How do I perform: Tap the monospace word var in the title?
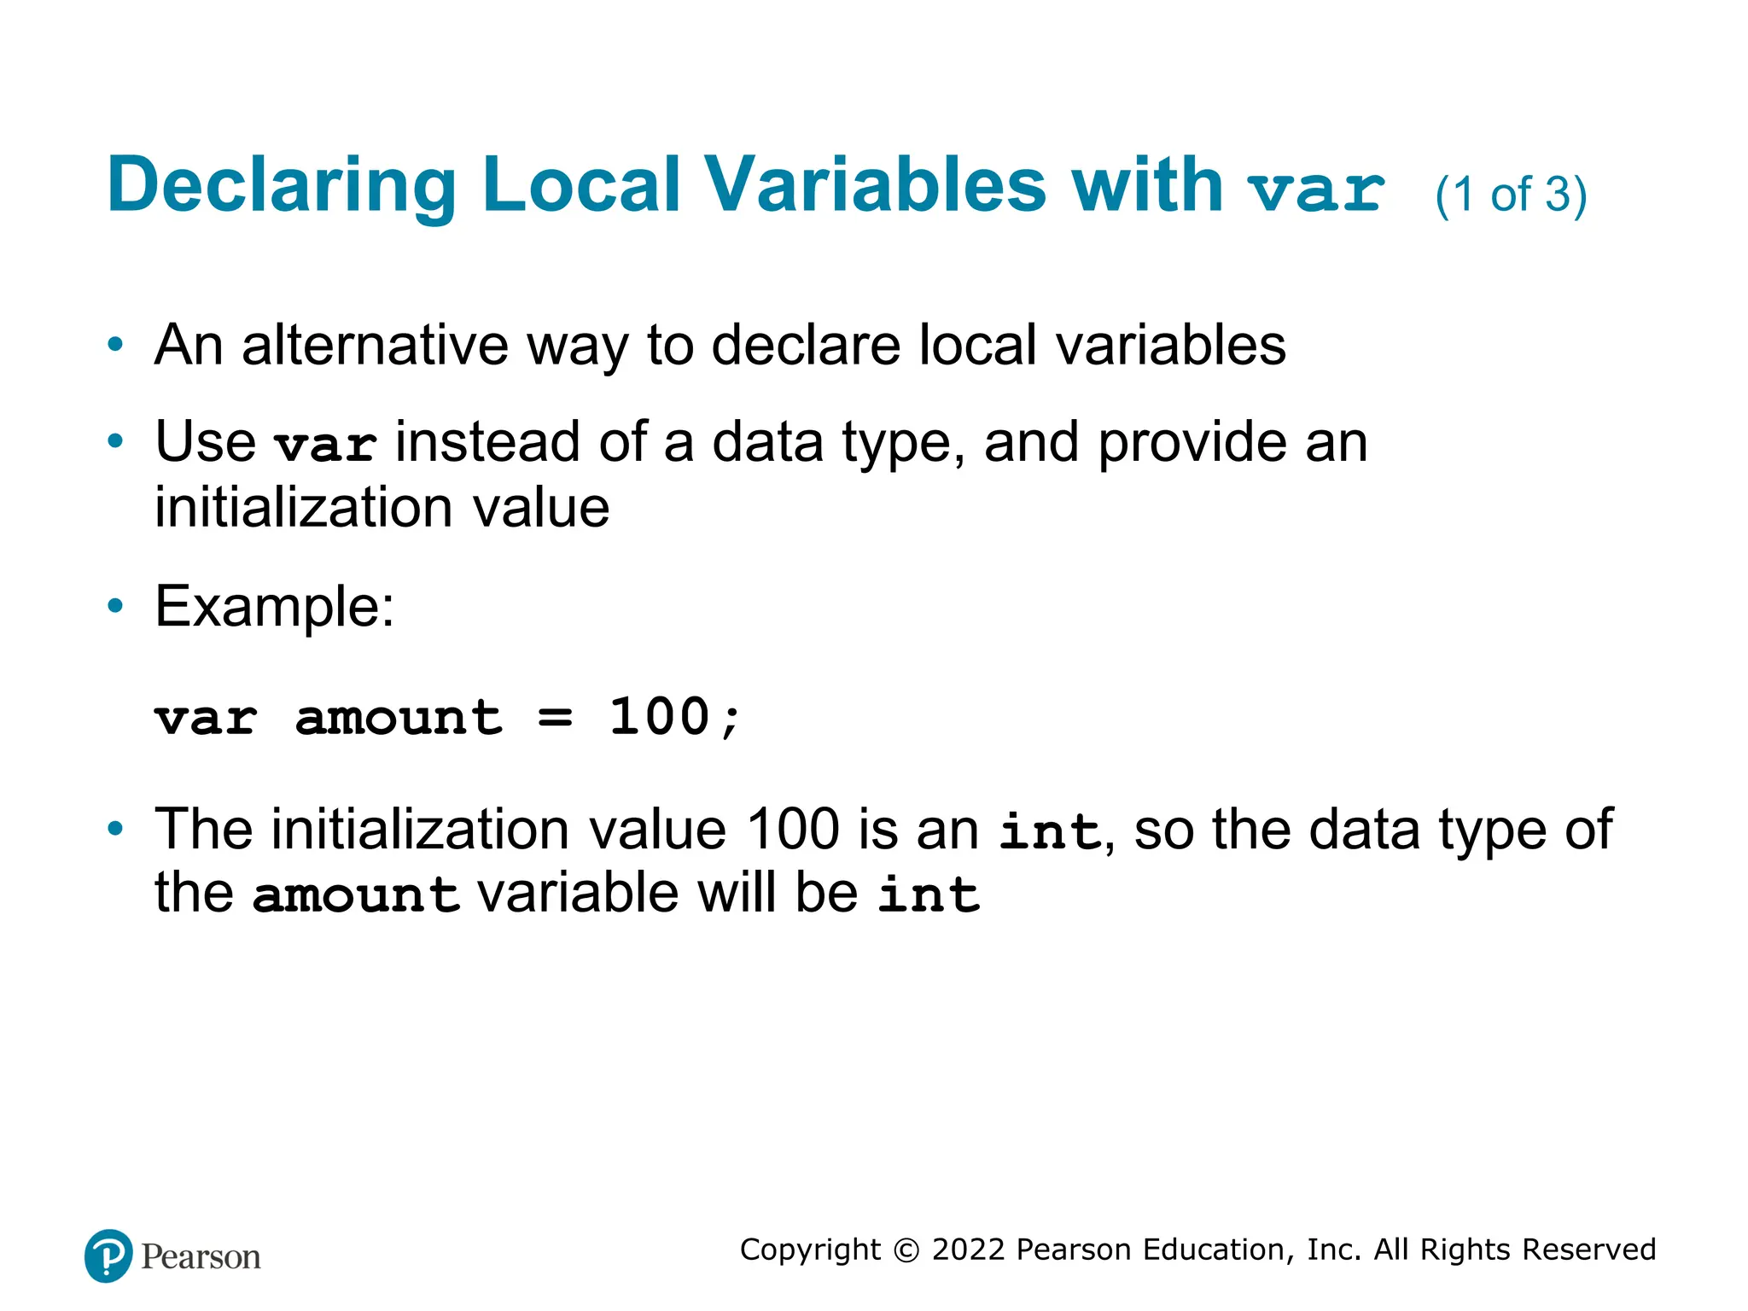click(1315, 190)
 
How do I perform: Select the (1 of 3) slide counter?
click(1511, 195)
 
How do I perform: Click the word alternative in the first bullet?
click(376, 345)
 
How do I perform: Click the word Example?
click(274, 607)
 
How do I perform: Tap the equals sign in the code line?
click(555, 718)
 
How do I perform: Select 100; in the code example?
click(674, 717)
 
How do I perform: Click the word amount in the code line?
click(399, 718)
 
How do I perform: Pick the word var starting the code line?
click(206, 718)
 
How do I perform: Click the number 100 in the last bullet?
click(793, 829)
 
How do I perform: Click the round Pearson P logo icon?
click(108, 1256)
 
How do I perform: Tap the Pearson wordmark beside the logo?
click(201, 1257)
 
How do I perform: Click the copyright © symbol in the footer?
click(906, 1250)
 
